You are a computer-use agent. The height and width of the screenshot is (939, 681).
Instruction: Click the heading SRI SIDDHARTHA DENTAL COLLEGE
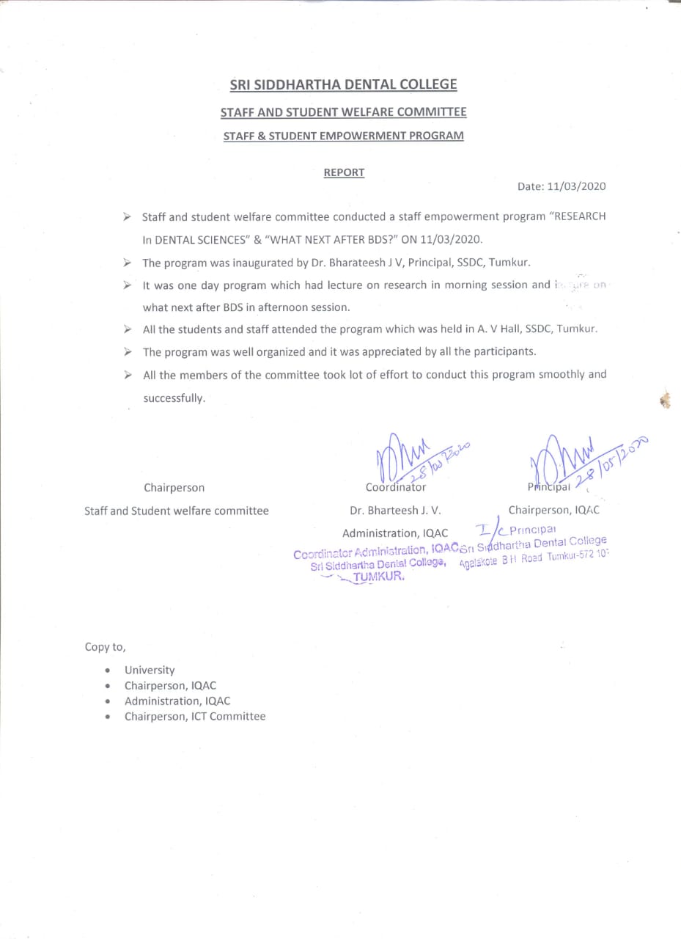coord(343,84)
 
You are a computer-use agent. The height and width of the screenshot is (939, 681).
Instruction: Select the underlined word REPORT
coord(344,173)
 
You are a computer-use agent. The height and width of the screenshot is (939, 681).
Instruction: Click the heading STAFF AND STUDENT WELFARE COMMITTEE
coord(343,112)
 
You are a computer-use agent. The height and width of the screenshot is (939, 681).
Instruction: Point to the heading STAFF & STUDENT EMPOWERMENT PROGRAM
coord(343,136)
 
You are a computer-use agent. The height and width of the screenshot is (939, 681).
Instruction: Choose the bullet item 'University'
coord(150,670)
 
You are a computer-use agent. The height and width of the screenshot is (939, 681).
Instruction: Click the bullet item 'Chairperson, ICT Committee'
coord(194,716)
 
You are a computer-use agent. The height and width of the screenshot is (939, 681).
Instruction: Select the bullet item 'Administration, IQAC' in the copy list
coord(177,701)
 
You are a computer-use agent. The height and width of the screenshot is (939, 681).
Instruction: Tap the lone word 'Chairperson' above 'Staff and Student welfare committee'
coord(174,487)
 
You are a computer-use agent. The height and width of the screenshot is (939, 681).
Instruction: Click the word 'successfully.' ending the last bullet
coord(174,398)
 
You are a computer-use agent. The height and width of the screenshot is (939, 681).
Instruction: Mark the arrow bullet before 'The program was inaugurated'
coord(128,263)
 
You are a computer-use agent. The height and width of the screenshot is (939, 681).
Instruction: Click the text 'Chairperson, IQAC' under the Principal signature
coord(553,510)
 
